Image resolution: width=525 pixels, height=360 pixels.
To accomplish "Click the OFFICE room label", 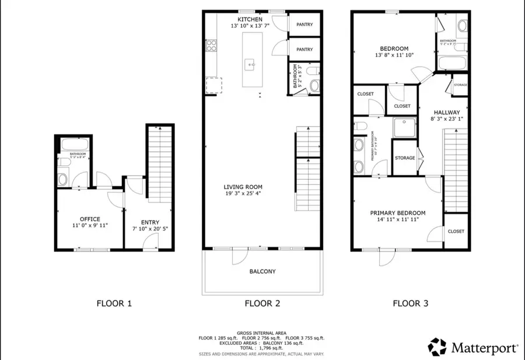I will (90, 219).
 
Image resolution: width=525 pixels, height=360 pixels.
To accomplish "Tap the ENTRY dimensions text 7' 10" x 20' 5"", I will (149, 229).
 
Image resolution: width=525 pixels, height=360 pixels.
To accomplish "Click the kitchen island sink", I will (249, 63).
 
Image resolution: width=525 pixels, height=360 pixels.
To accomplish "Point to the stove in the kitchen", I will (211, 46).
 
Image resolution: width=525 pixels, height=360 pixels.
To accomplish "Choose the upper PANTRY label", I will (304, 25).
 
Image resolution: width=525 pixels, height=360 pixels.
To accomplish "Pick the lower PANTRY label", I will (304, 50).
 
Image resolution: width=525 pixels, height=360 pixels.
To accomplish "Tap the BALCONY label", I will (262, 271).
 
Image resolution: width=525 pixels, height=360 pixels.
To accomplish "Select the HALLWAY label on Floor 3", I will (447, 113).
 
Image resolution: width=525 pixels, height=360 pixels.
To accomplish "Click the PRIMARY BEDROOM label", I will (398, 213).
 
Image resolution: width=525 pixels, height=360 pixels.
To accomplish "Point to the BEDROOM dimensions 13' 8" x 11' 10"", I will (394, 56).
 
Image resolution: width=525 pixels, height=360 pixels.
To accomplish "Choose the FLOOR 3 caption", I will (411, 303).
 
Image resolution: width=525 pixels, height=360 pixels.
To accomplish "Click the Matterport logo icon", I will (438, 347).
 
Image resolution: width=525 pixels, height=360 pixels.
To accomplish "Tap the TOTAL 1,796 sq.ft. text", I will (262, 348).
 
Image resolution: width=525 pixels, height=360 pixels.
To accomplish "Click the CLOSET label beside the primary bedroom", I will (456, 231).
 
